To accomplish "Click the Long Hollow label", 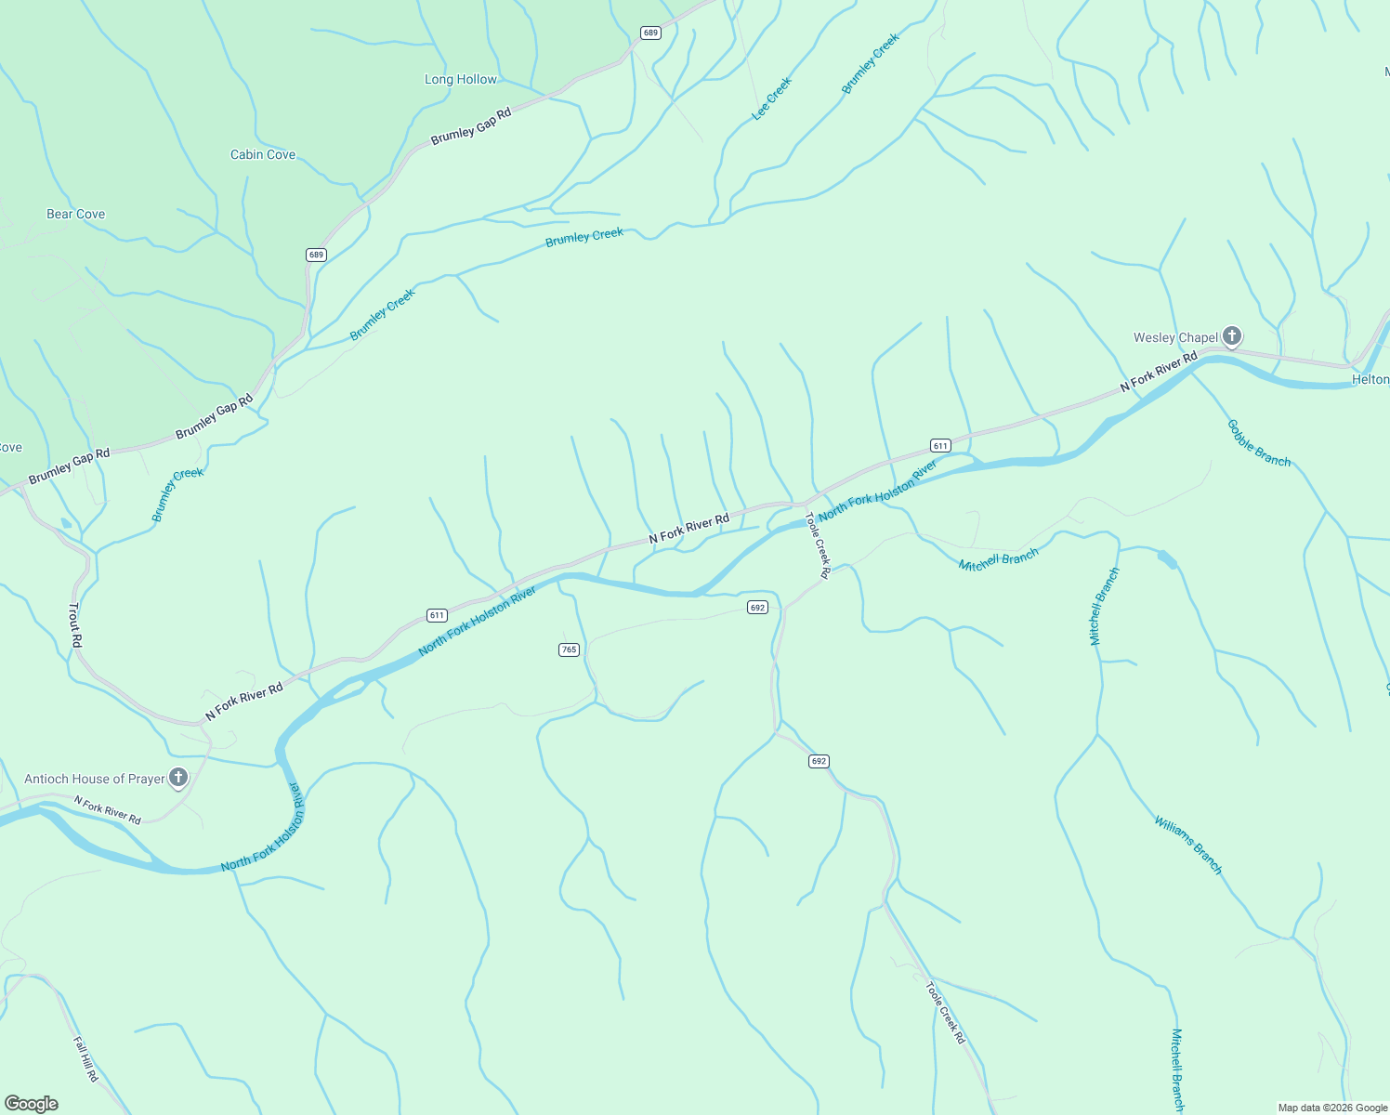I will tap(461, 80).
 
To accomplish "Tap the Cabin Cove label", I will tap(263, 155).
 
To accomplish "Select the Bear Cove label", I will tap(76, 215).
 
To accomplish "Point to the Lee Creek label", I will tap(772, 98).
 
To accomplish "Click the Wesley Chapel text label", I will tap(1175, 338).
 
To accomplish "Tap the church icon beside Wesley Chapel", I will tap(1232, 336).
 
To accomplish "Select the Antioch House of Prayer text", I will tap(95, 780).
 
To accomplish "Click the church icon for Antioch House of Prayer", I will tap(178, 778).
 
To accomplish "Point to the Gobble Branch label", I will tap(1259, 443).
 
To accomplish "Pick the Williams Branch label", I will tap(1188, 845).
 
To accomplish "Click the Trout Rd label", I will tap(75, 625).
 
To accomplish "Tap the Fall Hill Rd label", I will tap(86, 1059).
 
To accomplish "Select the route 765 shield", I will tap(570, 649).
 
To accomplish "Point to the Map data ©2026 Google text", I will tap(1332, 1108).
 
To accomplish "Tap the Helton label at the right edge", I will tap(1370, 380).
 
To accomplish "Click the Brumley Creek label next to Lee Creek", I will tap(871, 64).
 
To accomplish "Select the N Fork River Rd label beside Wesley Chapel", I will tap(1159, 372).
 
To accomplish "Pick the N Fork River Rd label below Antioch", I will tap(108, 811).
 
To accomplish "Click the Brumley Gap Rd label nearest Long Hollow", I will tap(471, 126).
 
